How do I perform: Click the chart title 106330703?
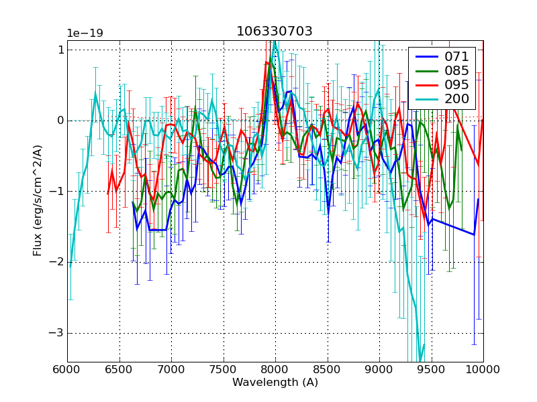pyautogui.click(x=274, y=31)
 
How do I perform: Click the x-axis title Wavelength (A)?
pyautogui.click(x=275, y=383)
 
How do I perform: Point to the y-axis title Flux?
pyautogui.click(x=38, y=201)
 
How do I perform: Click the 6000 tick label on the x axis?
pyautogui.click(x=67, y=369)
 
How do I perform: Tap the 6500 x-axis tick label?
pyautogui.click(x=119, y=369)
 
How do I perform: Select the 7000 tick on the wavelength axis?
pyautogui.click(x=171, y=369)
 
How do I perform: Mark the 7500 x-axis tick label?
pyautogui.click(x=224, y=369)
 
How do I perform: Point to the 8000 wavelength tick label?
pyautogui.click(x=275, y=369)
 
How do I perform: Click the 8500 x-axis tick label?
pyautogui.click(x=328, y=369)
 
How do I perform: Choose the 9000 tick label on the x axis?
pyautogui.click(x=379, y=369)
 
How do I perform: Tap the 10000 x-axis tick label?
pyautogui.click(x=482, y=369)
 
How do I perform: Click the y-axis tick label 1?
pyautogui.click(x=60, y=50)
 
